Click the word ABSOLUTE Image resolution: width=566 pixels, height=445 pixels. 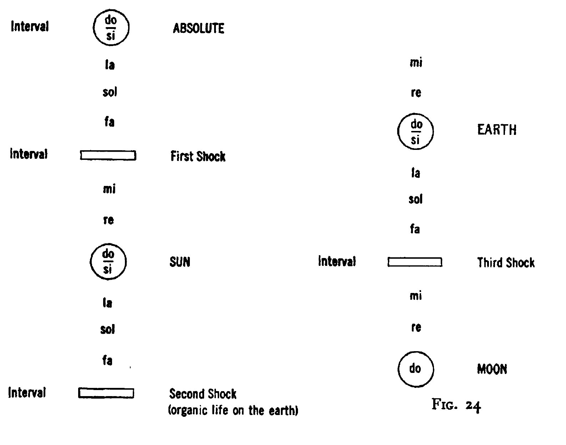coord(198,28)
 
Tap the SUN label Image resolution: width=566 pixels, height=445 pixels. coord(180,262)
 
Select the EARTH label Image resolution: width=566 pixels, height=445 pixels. coord(497,130)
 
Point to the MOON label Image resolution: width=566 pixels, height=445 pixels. coord(492,369)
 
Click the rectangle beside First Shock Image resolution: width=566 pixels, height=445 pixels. coord(108,151)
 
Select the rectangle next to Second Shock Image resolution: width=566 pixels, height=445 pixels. coord(106,389)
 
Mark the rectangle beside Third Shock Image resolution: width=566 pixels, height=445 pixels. coord(415,258)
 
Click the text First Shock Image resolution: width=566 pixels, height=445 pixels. coord(198,156)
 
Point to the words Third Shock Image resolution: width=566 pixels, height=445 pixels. coord(506,263)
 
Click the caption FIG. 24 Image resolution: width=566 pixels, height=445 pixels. coord(456,405)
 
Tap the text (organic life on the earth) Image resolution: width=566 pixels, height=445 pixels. coord(233,410)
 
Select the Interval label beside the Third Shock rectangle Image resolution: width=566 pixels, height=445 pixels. coord(337,261)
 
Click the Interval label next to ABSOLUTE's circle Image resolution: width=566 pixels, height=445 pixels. coord(30,26)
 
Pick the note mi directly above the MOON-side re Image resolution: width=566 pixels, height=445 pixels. coord(416,295)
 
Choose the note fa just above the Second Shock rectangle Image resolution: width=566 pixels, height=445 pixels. coord(107,360)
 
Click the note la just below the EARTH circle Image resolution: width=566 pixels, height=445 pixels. coord(415,173)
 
